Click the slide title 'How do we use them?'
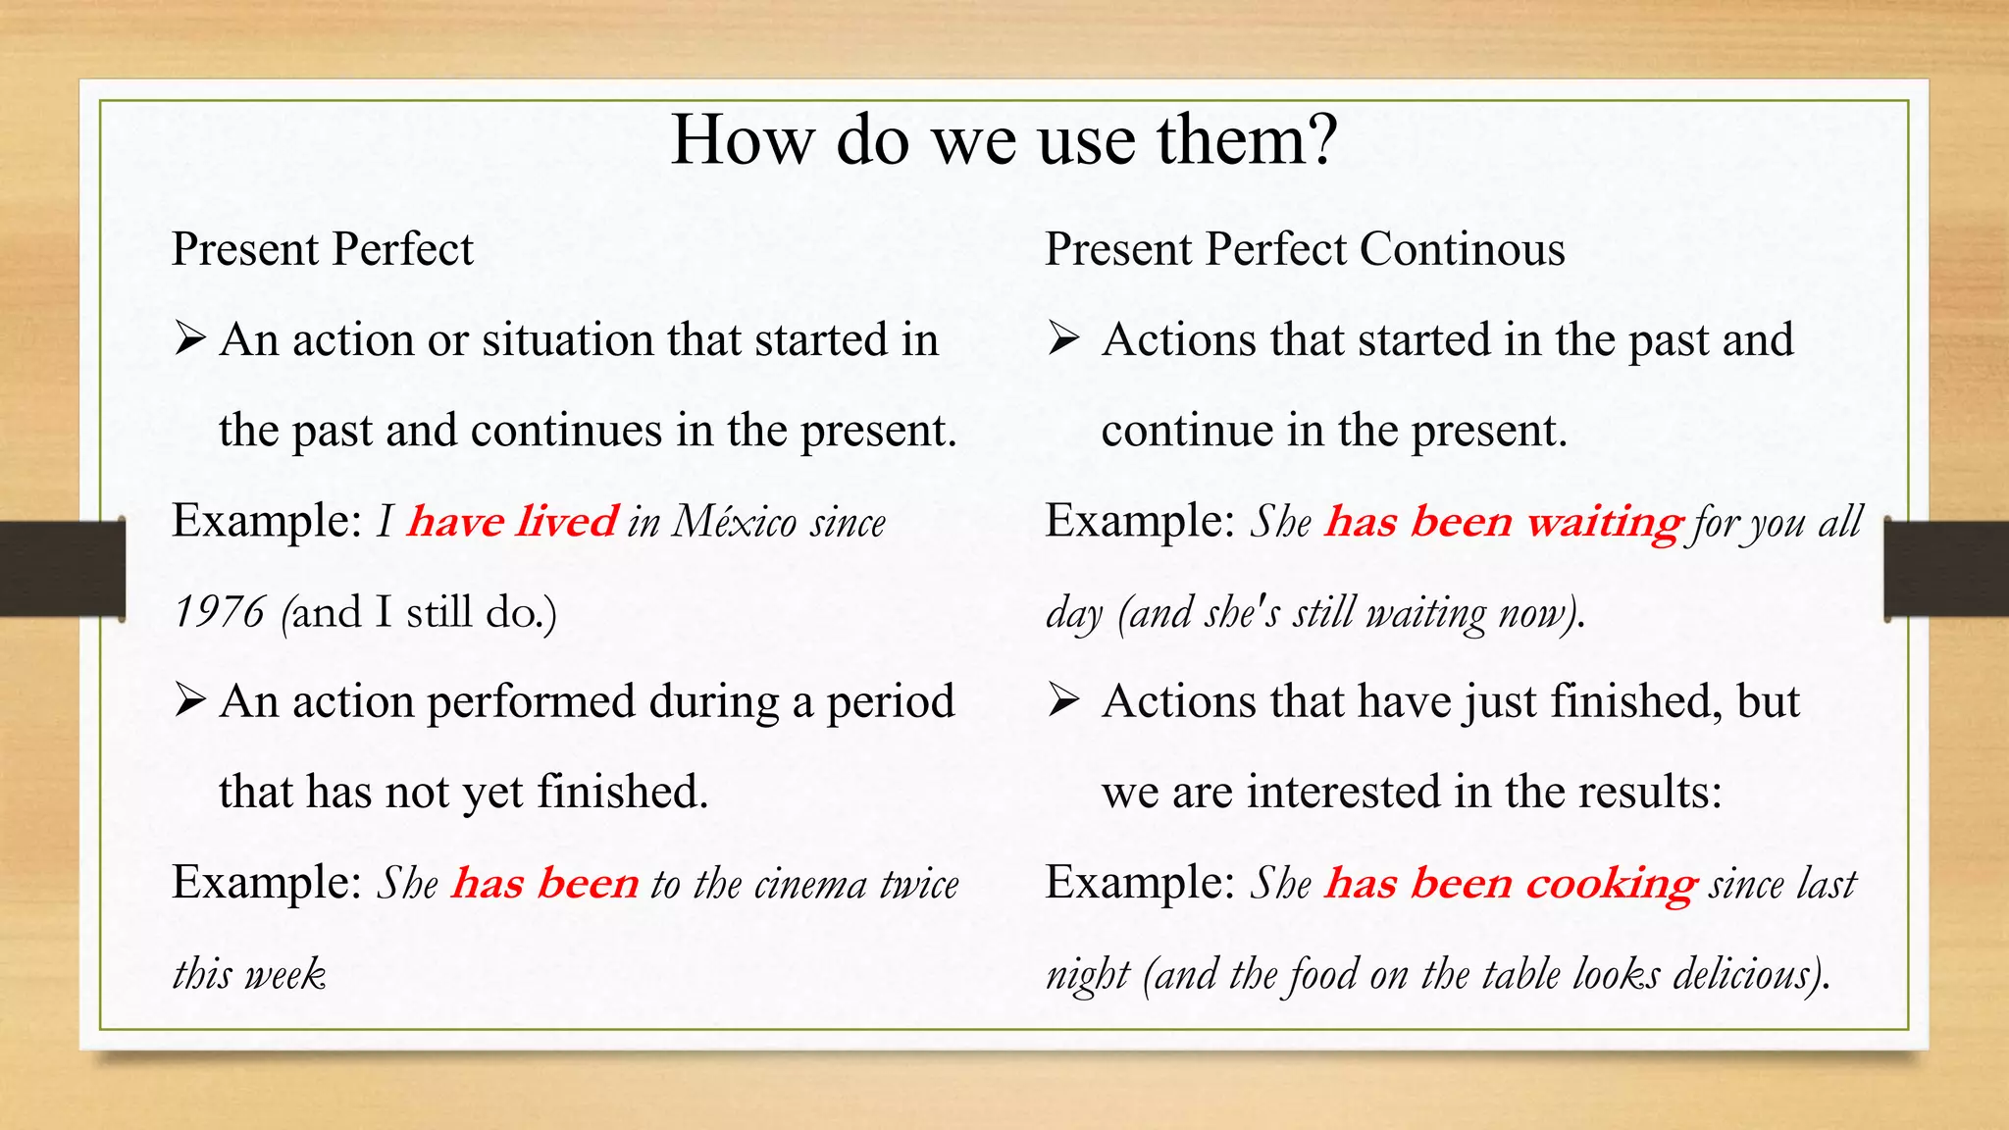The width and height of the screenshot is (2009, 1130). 1004,139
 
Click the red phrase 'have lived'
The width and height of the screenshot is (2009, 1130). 512,521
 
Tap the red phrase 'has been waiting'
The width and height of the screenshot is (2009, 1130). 1504,521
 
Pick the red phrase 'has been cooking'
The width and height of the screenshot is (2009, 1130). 1511,883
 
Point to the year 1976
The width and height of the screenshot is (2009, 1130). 219,612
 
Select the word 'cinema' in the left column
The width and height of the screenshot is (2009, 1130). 811,884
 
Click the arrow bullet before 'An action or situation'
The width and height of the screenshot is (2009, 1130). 189,339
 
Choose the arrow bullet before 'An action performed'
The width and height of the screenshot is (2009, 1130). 189,701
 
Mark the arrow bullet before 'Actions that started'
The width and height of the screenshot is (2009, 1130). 1063,339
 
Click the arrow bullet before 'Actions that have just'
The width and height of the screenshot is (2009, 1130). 1063,701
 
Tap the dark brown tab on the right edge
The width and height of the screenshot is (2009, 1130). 1947,570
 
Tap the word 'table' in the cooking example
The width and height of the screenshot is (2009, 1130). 1521,974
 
